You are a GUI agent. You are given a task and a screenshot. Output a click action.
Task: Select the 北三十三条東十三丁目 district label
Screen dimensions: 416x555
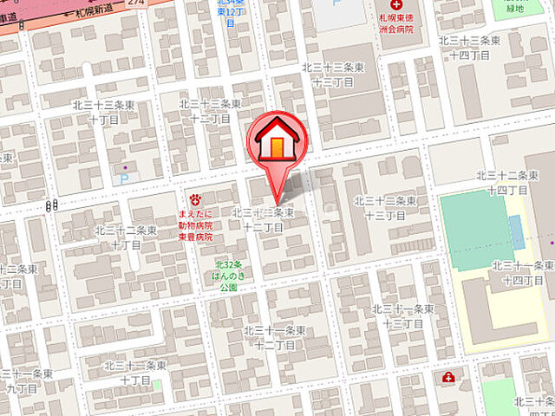[x=327, y=75]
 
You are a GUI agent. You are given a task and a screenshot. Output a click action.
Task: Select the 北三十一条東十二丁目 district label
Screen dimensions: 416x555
[x=274, y=337]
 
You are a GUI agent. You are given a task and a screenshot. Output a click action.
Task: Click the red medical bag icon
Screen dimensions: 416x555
[x=448, y=377]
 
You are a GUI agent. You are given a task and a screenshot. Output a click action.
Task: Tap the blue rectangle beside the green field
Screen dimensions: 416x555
[x=515, y=231]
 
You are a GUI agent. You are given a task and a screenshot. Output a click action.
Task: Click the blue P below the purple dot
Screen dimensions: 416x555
[x=122, y=179]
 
